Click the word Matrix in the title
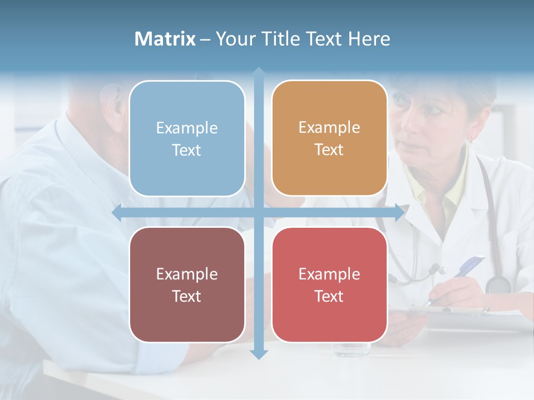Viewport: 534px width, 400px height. click(165, 39)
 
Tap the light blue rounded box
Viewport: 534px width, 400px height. click(187, 138)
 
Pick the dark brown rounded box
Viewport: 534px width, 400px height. click(187, 284)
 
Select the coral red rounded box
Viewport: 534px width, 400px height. click(329, 284)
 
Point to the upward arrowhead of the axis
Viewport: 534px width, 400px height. click(259, 72)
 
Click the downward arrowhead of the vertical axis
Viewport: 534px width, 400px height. click(259, 354)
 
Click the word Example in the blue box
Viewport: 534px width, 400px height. click(187, 128)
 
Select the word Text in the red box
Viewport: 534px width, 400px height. click(329, 296)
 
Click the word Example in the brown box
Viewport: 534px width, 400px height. click(187, 274)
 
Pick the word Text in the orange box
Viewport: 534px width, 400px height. click(329, 149)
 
